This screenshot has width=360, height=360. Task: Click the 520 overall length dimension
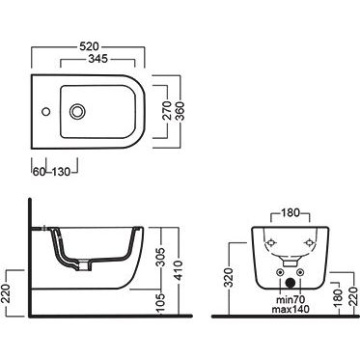click(x=89, y=46)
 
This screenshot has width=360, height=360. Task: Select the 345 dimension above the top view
click(x=98, y=59)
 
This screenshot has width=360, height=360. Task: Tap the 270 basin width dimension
click(x=167, y=111)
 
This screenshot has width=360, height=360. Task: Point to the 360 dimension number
click(x=180, y=111)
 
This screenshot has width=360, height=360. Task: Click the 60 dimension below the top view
click(x=39, y=172)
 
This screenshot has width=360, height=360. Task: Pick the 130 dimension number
click(x=61, y=172)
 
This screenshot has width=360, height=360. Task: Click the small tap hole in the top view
click(x=46, y=112)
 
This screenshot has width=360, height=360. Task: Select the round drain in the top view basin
click(x=77, y=112)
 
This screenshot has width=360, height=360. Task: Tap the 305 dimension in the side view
click(x=162, y=257)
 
